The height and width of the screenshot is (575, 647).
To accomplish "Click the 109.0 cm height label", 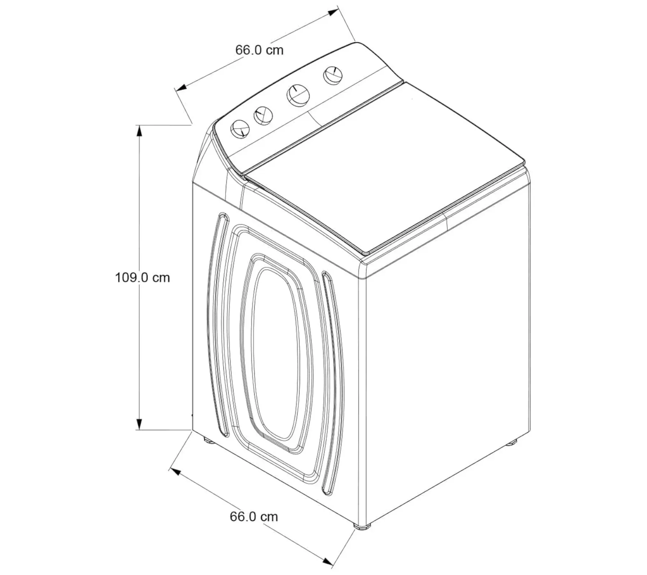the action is pyautogui.click(x=142, y=277).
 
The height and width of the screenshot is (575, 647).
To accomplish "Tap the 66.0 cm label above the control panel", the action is pyautogui.click(x=260, y=50).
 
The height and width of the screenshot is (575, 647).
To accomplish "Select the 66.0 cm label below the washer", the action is pyautogui.click(x=254, y=516).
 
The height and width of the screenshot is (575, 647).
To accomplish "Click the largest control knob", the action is pyautogui.click(x=298, y=95).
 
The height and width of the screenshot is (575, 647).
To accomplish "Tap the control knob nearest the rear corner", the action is pyautogui.click(x=332, y=75).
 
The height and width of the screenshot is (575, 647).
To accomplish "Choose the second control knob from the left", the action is pyautogui.click(x=263, y=116).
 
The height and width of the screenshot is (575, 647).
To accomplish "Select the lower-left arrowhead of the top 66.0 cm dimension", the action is pyautogui.click(x=180, y=87).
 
